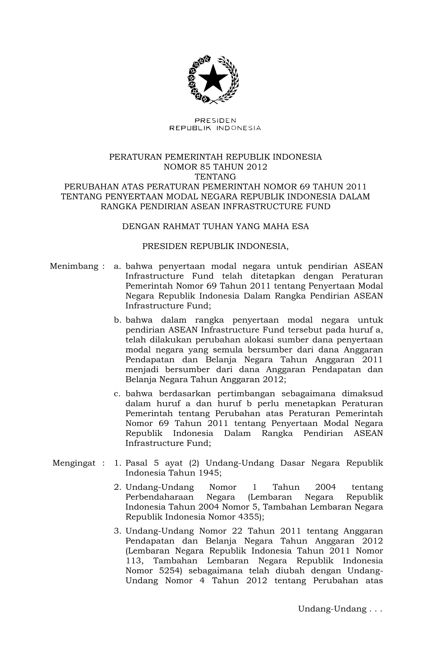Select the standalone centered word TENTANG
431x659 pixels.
(216, 177)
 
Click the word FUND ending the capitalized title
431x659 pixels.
(318, 206)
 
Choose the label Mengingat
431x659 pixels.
(74, 463)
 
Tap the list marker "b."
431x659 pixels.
(118, 320)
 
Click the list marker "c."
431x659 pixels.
(118, 394)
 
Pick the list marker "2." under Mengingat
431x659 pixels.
(118, 487)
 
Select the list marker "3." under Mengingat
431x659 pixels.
(118, 531)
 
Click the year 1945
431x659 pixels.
(209, 473)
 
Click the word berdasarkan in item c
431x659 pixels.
(184, 394)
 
